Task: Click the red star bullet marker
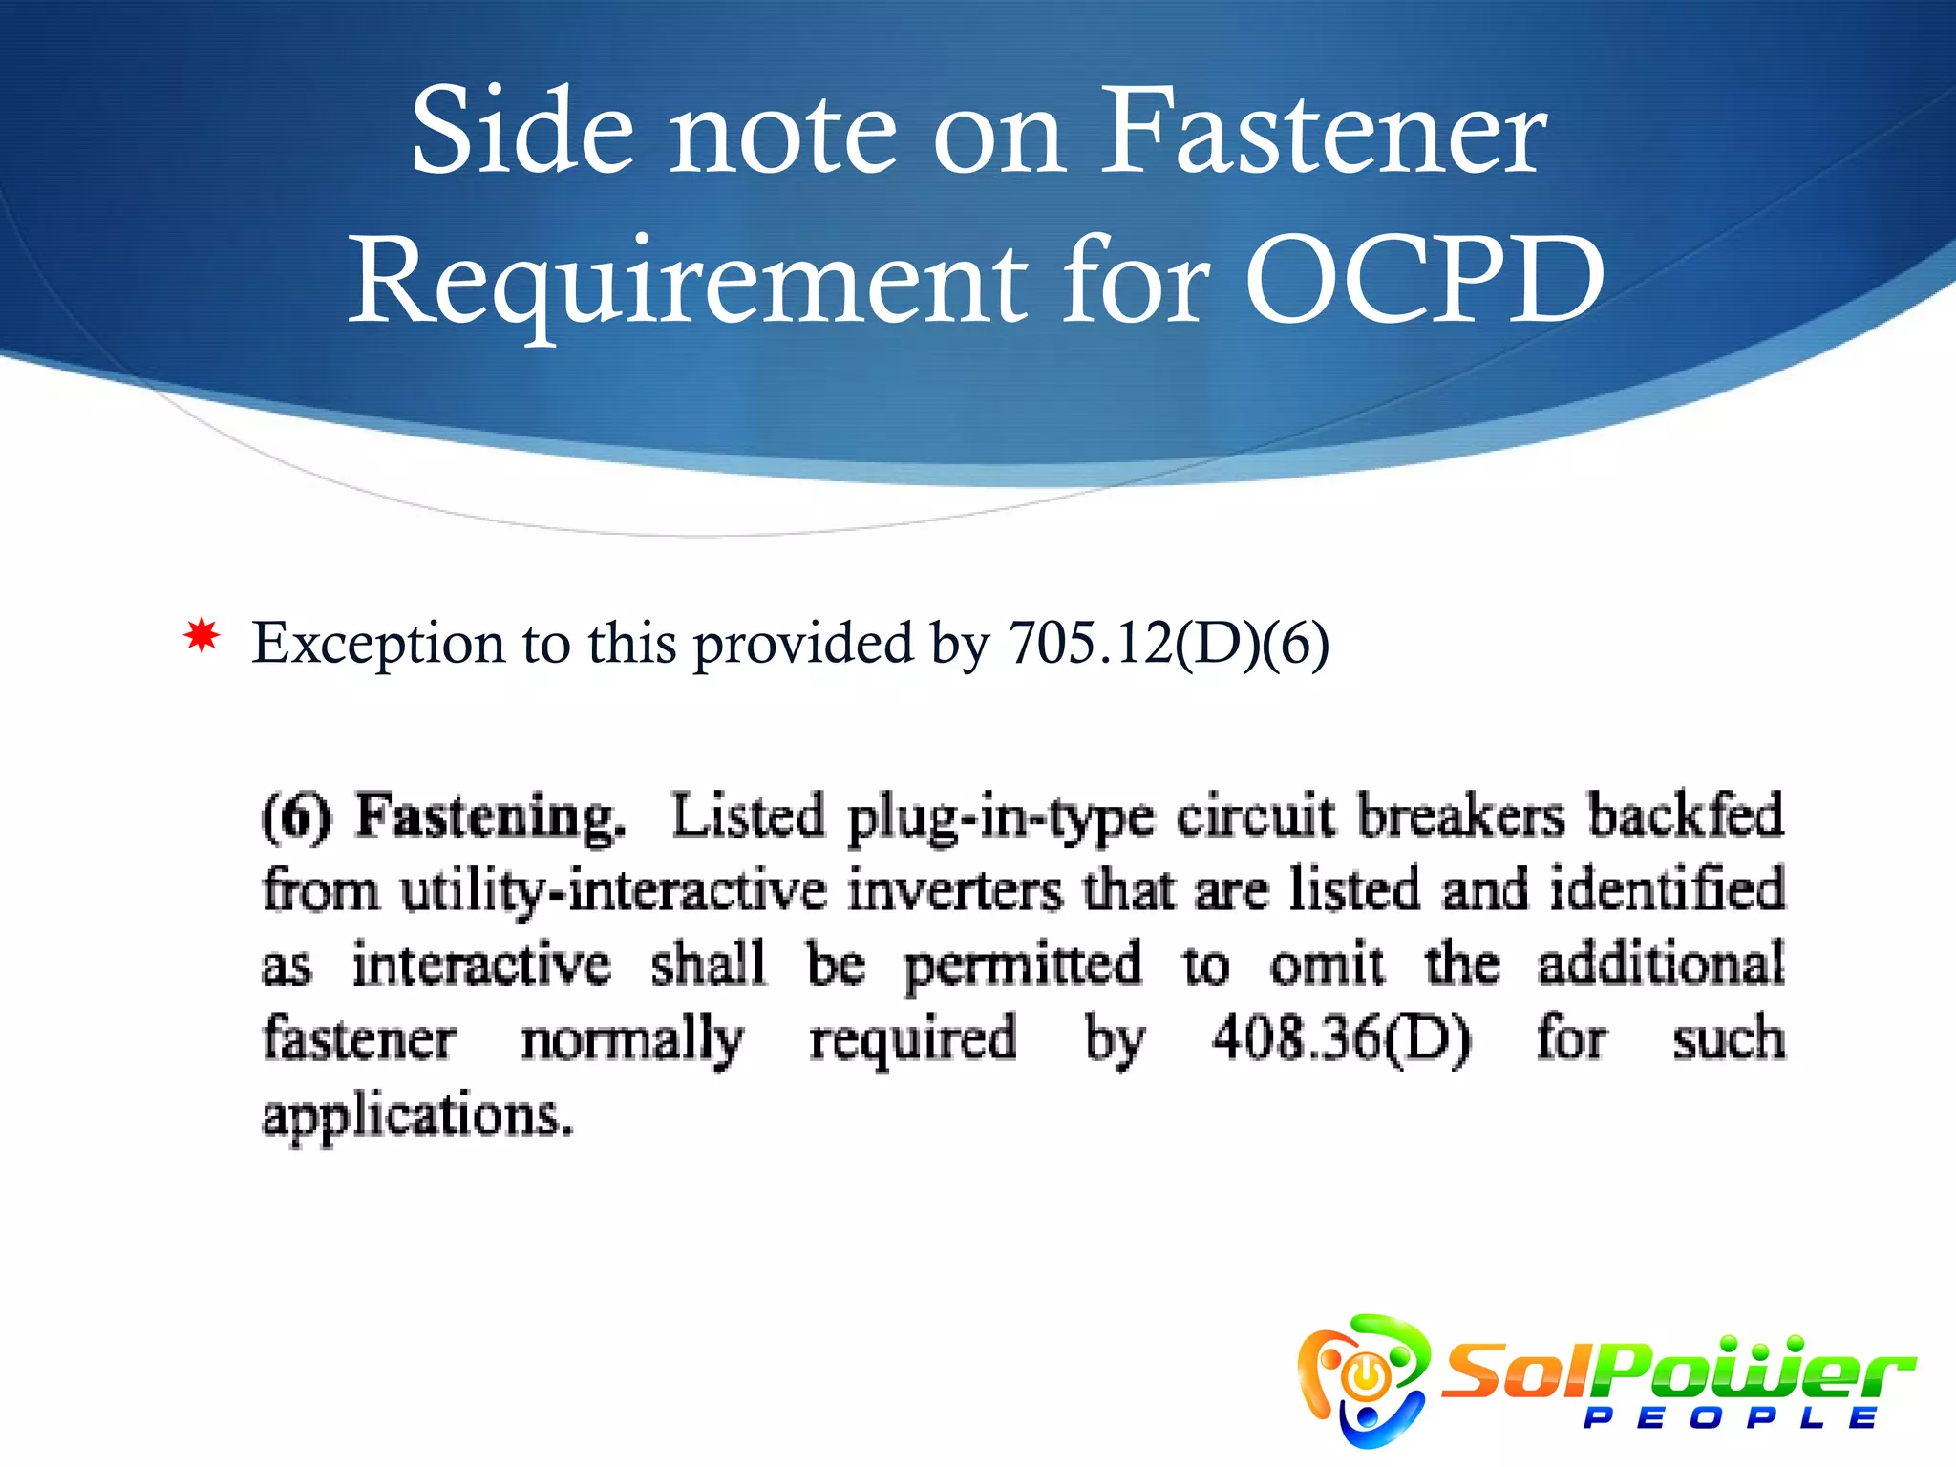point(202,636)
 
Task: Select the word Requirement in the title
point(688,283)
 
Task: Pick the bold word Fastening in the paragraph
point(491,818)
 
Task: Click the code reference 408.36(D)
point(1342,1039)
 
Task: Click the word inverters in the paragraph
point(955,890)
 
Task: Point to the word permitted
point(1023,966)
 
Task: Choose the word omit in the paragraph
point(1327,965)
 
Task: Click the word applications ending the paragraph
point(417,1116)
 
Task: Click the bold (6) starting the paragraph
point(297,818)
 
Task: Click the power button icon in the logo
point(1367,1376)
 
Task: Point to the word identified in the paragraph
point(1667,890)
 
